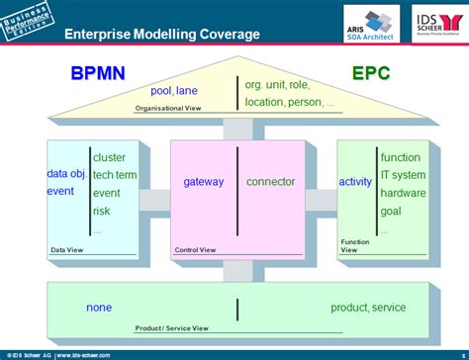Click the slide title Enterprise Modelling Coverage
click(x=162, y=34)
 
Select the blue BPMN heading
click(x=97, y=73)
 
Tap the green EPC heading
click(x=371, y=73)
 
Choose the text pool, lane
click(x=174, y=91)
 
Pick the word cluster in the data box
click(x=109, y=157)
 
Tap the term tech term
click(x=115, y=175)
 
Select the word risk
click(x=103, y=211)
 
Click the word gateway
click(x=204, y=182)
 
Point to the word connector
click(x=270, y=182)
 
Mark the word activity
click(x=355, y=182)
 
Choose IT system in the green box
click(x=403, y=175)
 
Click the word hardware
click(x=404, y=193)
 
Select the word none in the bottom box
click(x=99, y=308)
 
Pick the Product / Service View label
click(x=172, y=328)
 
